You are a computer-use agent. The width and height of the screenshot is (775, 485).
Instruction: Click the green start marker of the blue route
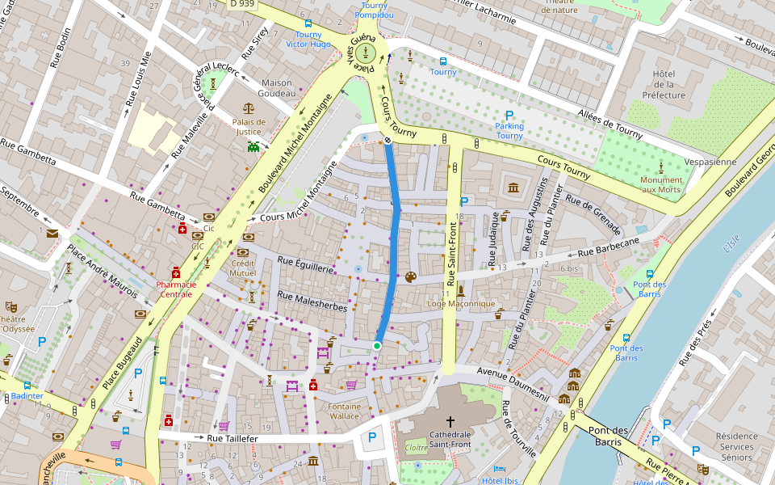point(377,346)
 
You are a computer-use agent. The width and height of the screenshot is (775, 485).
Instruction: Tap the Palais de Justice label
point(249,127)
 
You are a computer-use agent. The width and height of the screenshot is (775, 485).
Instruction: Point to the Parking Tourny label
point(509,131)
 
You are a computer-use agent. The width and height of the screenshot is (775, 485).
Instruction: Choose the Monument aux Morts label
point(660,184)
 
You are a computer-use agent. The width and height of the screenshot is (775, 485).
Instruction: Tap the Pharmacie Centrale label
point(176,289)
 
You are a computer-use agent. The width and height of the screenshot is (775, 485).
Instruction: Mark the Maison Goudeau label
point(277,88)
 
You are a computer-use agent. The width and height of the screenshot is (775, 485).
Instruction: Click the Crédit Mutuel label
point(243,268)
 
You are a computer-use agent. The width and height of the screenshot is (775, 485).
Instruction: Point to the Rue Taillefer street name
point(232,438)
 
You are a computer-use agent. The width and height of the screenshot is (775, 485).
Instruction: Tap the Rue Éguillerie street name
point(305,264)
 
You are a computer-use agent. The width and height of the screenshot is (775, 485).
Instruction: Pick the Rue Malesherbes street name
point(312,302)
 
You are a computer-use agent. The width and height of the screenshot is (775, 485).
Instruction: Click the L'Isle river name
point(731,242)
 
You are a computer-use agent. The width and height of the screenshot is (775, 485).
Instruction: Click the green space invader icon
point(254,147)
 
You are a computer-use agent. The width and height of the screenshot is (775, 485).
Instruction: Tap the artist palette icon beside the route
point(410,277)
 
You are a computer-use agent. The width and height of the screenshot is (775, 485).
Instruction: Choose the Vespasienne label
point(710,162)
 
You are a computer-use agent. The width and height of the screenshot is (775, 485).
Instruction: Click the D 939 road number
point(242,4)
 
